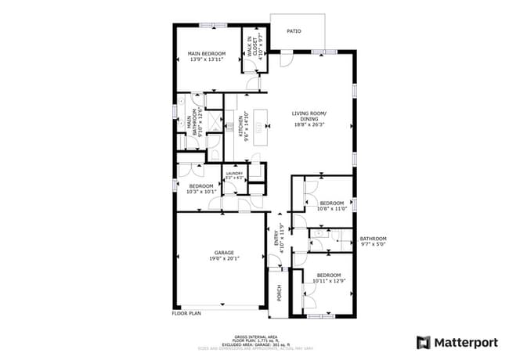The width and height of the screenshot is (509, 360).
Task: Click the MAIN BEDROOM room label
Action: [206, 54]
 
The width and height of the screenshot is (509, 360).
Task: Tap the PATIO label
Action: [294, 31]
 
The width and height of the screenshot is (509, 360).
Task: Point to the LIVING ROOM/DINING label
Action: [310, 114]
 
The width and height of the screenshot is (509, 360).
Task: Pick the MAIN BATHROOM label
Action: [190, 122]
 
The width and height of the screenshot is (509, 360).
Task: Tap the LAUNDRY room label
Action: [234, 174]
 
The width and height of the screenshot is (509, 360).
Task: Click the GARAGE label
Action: [225, 253]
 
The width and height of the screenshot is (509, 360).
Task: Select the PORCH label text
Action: [278, 293]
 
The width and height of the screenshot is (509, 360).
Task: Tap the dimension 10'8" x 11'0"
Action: [331, 208]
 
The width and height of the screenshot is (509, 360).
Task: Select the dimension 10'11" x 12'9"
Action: [328, 280]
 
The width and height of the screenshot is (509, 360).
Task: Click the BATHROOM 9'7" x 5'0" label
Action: [374, 241]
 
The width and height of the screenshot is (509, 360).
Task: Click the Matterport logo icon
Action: [423, 342]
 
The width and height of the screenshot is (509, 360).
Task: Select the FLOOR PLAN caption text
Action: [186, 313]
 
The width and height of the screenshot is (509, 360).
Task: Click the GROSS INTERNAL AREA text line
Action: [254, 337]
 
